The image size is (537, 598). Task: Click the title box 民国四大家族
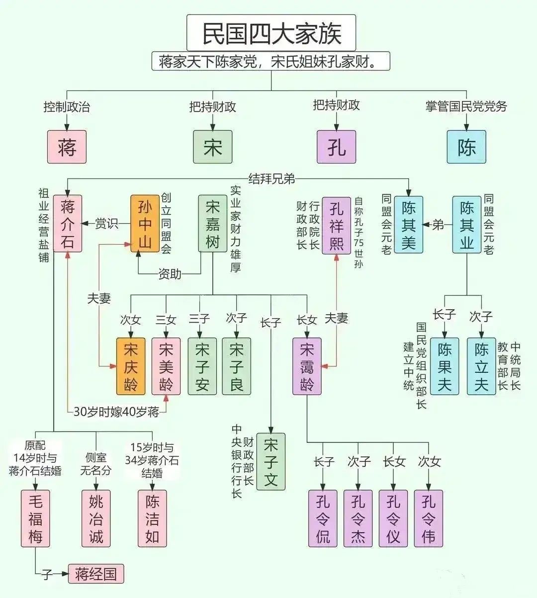coord(271,33)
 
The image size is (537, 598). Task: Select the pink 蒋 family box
coord(67,147)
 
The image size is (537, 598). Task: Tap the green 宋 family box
coord(212,147)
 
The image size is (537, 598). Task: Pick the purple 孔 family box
coord(336,147)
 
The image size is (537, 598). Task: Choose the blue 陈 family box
coord(466,147)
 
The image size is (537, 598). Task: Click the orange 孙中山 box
coord(145,223)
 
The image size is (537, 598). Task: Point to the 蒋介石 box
coord(67,223)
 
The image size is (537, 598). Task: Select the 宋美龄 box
coord(166,366)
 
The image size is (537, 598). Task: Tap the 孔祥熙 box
coord(336,225)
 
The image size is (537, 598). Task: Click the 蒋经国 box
coord(96,574)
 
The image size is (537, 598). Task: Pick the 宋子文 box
coord(270,462)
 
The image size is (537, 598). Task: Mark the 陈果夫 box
coord(445,366)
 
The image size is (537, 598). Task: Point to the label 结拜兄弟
coord(271,178)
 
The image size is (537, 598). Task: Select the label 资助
coord(170,274)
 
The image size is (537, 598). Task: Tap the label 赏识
coord(106,223)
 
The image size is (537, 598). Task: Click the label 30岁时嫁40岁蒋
coord(116,412)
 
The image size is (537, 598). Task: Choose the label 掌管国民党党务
coord(466,106)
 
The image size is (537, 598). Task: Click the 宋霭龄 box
coord(307,366)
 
